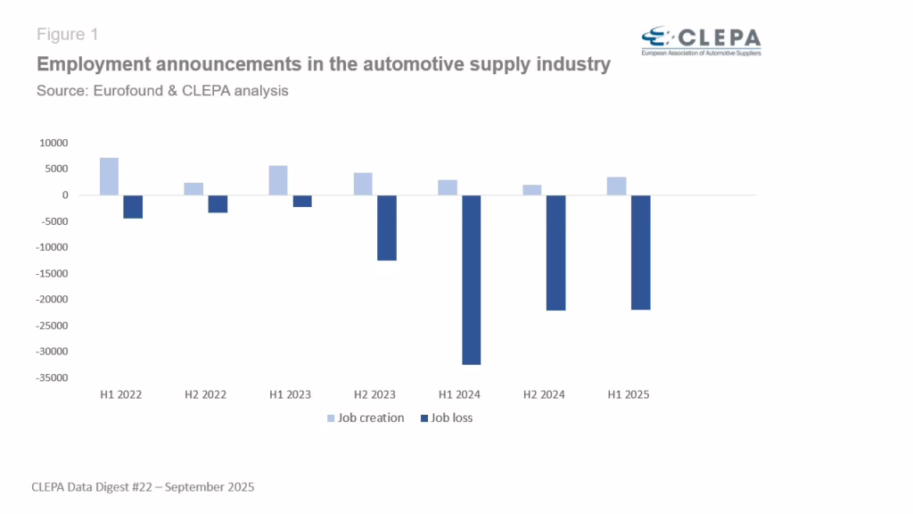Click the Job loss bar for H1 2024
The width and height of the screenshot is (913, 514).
[x=472, y=279]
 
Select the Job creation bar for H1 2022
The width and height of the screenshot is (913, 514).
[x=109, y=177]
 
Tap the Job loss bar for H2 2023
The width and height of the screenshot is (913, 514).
[x=387, y=228]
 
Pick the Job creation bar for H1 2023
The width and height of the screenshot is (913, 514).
[x=278, y=180]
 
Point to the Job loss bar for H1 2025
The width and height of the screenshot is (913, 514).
[x=641, y=253]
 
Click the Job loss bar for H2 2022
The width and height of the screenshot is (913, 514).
[x=218, y=203]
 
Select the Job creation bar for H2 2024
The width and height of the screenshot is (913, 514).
[x=532, y=190]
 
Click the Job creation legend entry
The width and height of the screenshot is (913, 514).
[x=366, y=418]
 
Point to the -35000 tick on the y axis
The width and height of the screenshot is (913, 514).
[x=53, y=378]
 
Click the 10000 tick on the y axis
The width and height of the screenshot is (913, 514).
[x=54, y=143]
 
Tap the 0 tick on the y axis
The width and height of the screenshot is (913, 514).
[x=65, y=195]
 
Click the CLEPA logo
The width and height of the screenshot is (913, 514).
[x=701, y=40]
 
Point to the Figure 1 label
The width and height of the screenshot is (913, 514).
[x=67, y=35]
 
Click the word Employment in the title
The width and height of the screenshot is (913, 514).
[x=92, y=64]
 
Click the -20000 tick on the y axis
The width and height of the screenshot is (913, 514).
[x=53, y=300]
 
